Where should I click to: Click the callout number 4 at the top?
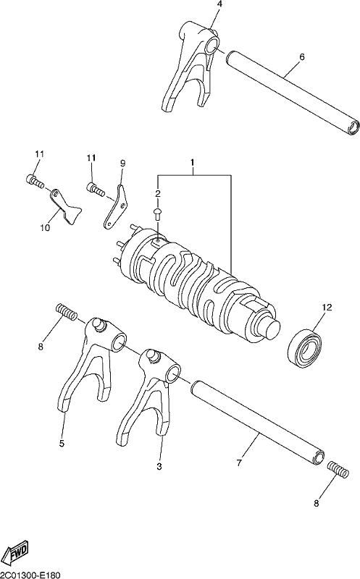click(220, 4)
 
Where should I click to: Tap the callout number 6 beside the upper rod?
click(302, 57)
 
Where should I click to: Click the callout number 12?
click(327, 307)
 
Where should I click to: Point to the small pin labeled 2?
click(157, 214)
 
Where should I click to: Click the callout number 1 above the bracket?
click(192, 162)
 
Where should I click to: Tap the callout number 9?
click(122, 163)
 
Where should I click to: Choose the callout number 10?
click(45, 228)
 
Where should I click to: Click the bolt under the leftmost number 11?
click(35, 180)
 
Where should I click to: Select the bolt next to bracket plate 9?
click(96, 189)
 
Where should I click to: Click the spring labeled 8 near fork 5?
click(67, 312)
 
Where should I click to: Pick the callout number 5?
click(62, 443)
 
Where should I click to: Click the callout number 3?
click(159, 466)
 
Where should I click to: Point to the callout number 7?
click(239, 462)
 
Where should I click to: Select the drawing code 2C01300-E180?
click(30, 575)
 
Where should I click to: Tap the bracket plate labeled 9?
click(115, 207)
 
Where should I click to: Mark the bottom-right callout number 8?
click(317, 503)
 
